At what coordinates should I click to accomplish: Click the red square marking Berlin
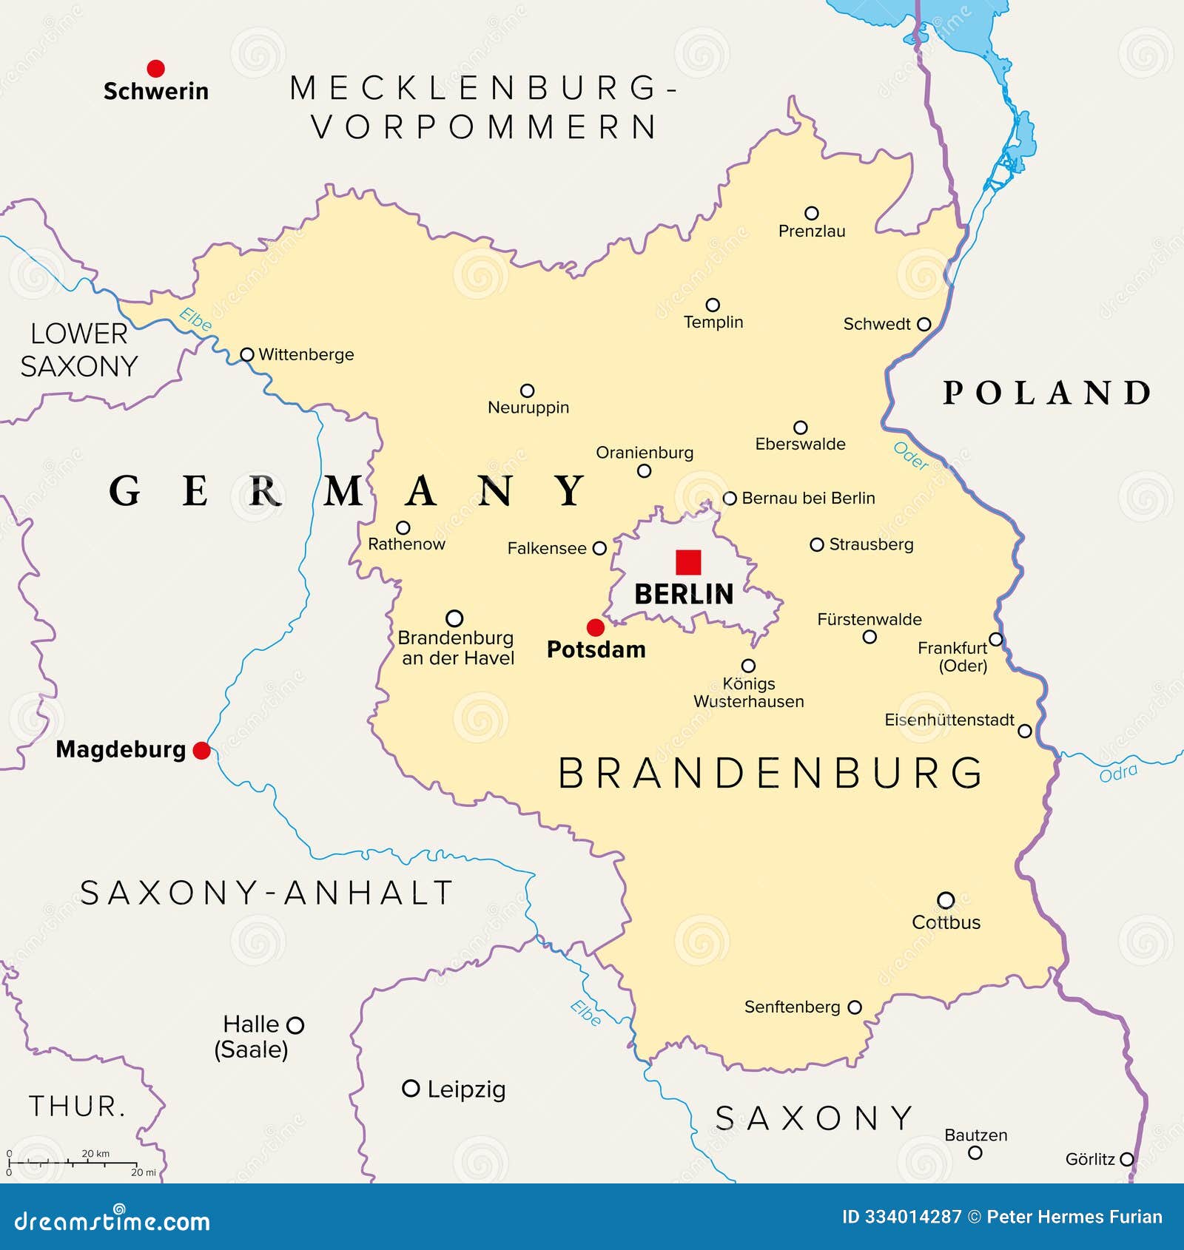click(688, 562)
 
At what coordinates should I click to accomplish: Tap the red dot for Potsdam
click(596, 628)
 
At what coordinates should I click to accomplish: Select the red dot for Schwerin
click(155, 69)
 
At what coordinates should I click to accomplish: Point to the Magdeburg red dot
click(201, 751)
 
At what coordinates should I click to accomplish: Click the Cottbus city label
click(946, 922)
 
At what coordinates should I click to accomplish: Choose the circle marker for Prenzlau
click(812, 213)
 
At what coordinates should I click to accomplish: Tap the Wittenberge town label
click(306, 354)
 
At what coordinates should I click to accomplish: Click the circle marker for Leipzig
click(410, 1088)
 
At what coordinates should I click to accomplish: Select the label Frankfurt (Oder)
click(953, 657)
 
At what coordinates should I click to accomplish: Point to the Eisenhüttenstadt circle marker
click(1025, 731)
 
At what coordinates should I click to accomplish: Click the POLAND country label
click(1046, 393)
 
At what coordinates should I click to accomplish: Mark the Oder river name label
click(911, 456)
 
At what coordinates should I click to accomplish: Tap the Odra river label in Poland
click(1118, 773)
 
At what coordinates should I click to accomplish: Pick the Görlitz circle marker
click(1126, 1159)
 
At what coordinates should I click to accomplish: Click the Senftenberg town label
click(792, 1007)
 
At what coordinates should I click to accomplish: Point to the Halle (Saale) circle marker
click(295, 1025)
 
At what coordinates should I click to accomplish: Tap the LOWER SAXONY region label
click(78, 350)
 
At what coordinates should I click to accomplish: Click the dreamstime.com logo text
click(112, 1221)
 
